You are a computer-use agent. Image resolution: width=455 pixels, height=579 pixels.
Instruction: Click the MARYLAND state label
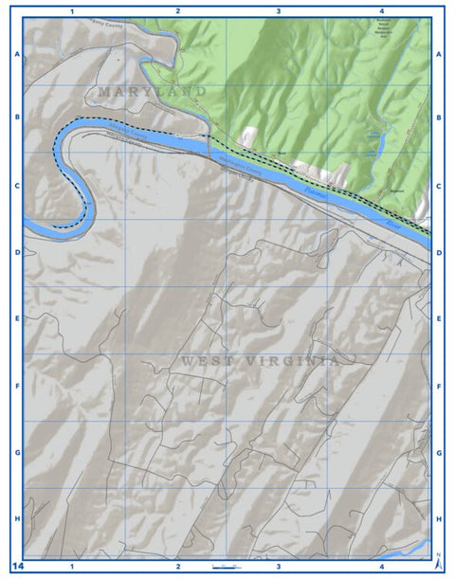click(x=152, y=91)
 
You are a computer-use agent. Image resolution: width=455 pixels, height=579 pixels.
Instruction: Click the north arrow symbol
click(x=437, y=561)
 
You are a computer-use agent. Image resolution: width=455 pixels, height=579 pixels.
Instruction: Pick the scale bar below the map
click(x=227, y=566)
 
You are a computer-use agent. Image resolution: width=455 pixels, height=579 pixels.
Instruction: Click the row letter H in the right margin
click(x=439, y=519)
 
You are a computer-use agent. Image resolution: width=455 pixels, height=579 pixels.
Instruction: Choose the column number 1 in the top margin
click(x=73, y=10)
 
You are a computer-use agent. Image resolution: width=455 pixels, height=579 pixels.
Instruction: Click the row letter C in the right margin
click(x=439, y=186)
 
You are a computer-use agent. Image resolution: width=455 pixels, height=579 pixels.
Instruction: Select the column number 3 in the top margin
click(x=278, y=10)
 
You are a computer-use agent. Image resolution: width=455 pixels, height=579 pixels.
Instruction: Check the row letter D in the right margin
click(x=439, y=253)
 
